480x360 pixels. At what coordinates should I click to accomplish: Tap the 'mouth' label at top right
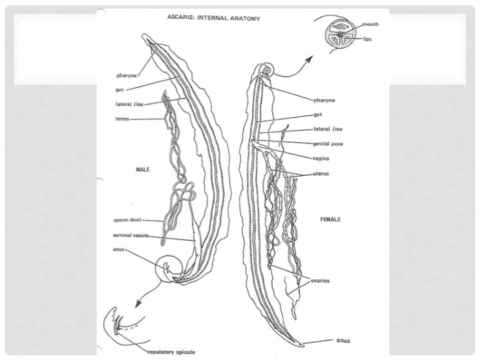tap(370, 24)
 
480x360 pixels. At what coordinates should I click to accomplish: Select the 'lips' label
tap(368, 39)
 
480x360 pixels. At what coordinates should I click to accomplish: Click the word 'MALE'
tap(141, 169)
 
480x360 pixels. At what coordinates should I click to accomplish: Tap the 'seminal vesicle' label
tap(131, 235)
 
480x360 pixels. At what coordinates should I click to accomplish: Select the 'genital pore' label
tap(328, 143)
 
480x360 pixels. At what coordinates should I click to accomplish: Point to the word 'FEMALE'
tap(331, 219)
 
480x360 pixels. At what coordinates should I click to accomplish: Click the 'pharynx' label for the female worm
tap(325, 100)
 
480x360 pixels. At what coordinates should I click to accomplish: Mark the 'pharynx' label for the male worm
tap(126, 77)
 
